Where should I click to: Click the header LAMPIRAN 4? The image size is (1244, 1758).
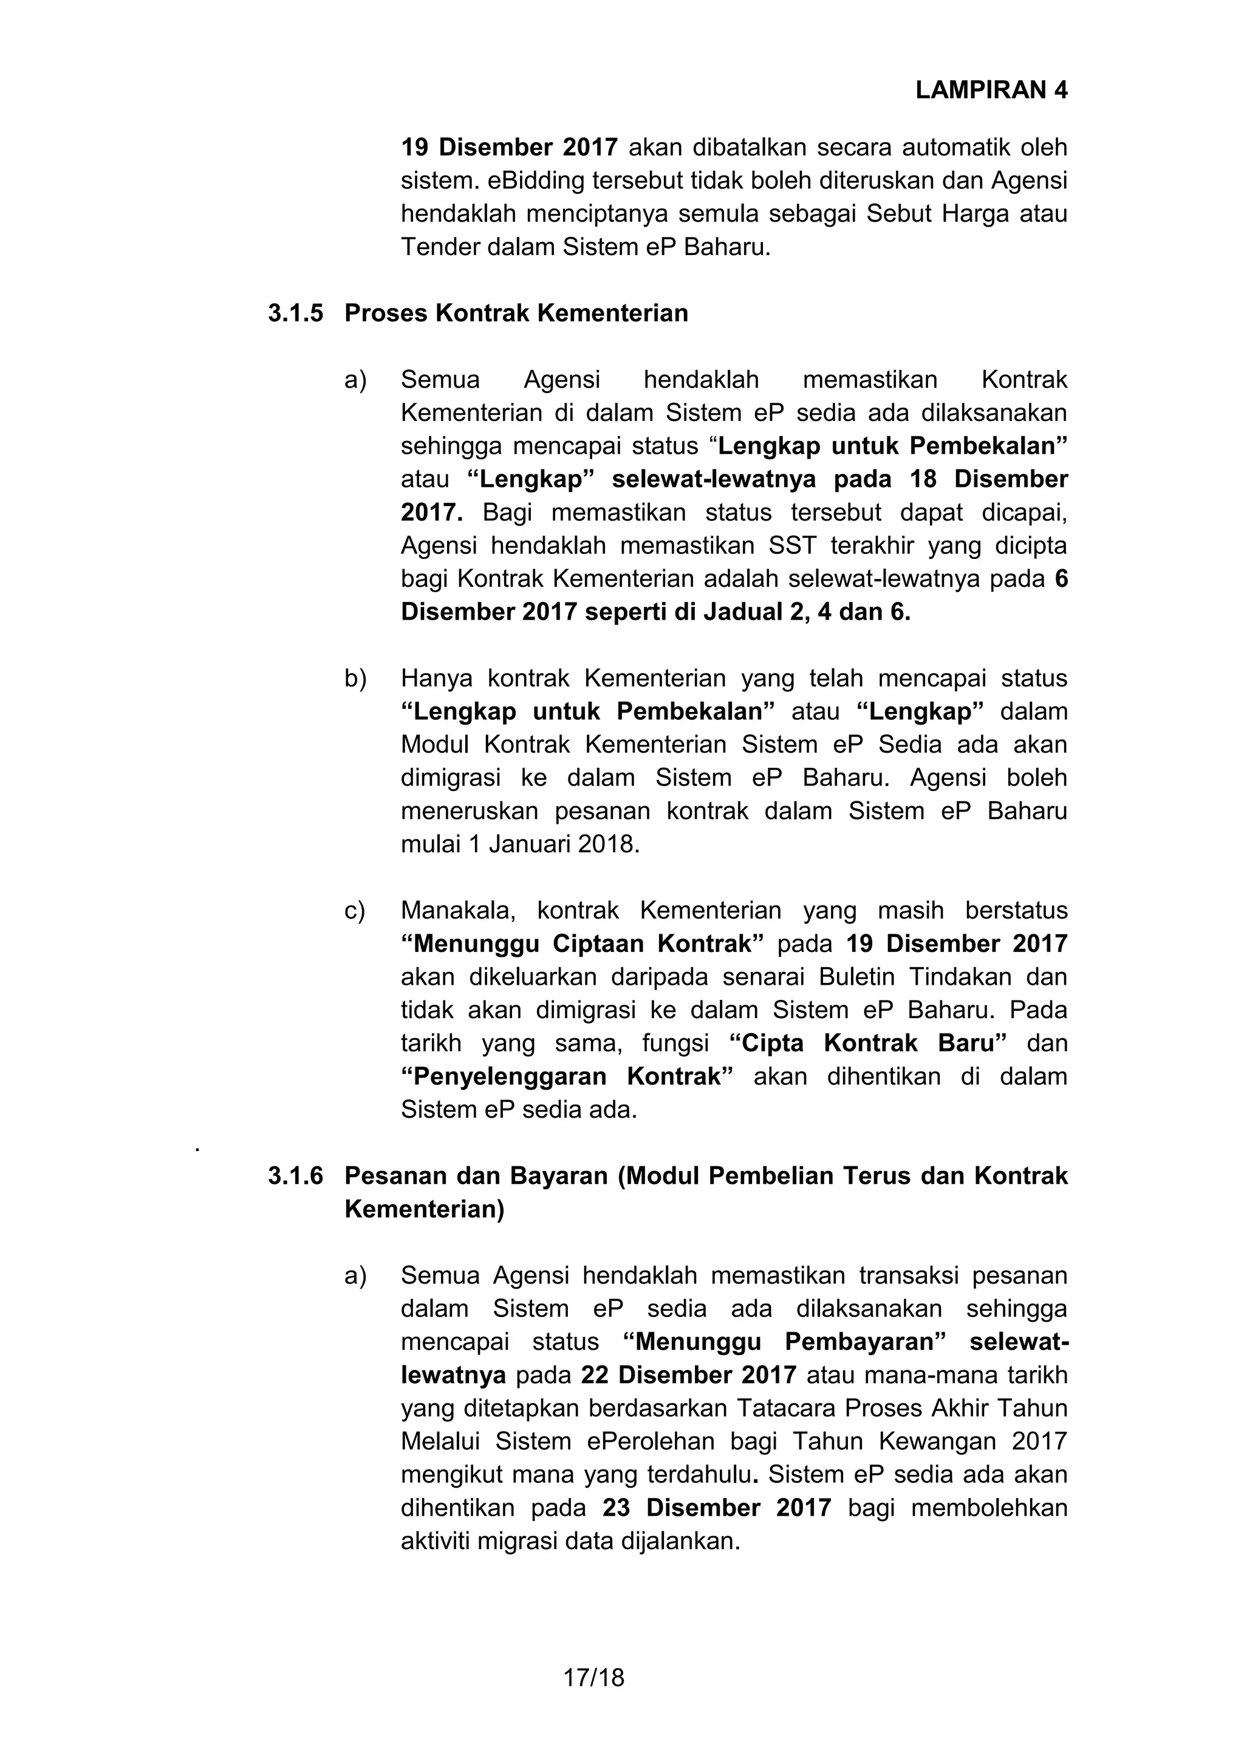(991, 91)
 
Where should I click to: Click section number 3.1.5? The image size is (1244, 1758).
(296, 313)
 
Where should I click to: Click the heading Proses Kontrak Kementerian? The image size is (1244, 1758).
(516, 313)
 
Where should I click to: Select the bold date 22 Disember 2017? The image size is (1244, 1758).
(689, 1375)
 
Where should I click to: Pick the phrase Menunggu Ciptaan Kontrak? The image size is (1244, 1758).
(582, 944)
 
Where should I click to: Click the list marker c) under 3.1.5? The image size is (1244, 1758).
(355, 911)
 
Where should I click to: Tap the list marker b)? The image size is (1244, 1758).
(355, 679)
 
